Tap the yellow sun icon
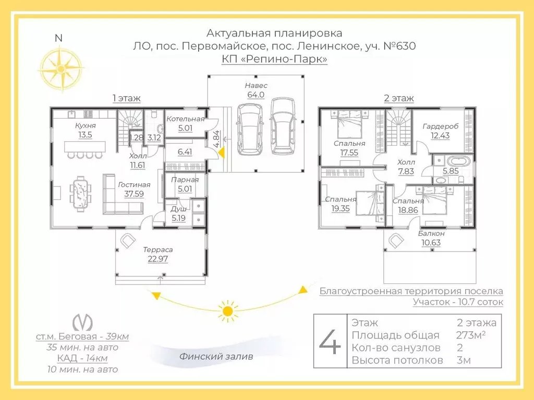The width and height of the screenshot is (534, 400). coord(227,311)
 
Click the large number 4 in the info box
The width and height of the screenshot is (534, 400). coord(330,341)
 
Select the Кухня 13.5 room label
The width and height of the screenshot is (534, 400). coord(85,130)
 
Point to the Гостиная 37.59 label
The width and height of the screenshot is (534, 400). coord(134,189)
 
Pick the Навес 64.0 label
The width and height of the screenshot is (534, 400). coord(256,90)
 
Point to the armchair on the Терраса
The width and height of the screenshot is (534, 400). coord(127,240)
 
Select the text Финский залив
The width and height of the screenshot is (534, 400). coord(216,357)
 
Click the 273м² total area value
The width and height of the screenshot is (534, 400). coord(471,335)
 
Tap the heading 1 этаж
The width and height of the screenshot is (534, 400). coord(126,98)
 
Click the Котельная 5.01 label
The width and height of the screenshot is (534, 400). coord(186,123)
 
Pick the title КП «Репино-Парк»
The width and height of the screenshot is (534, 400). coord(275,59)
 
